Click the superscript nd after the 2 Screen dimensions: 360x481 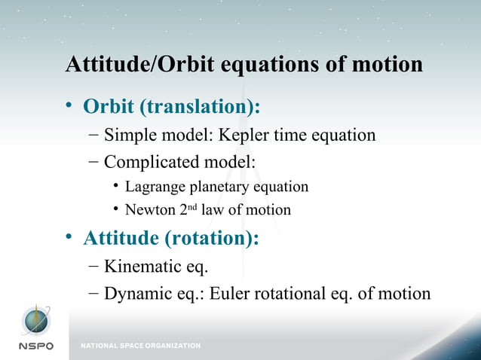click(193, 207)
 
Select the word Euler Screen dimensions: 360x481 click(234, 292)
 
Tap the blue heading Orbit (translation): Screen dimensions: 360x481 click(171, 107)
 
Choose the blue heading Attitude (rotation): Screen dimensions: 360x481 click(170, 239)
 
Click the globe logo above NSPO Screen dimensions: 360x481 click(35, 321)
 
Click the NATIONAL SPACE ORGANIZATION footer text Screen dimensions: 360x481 click(141, 346)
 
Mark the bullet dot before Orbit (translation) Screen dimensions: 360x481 click(69, 107)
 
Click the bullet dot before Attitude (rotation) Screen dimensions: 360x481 click(69, 239)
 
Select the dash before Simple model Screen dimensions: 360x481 click(91, 136)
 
